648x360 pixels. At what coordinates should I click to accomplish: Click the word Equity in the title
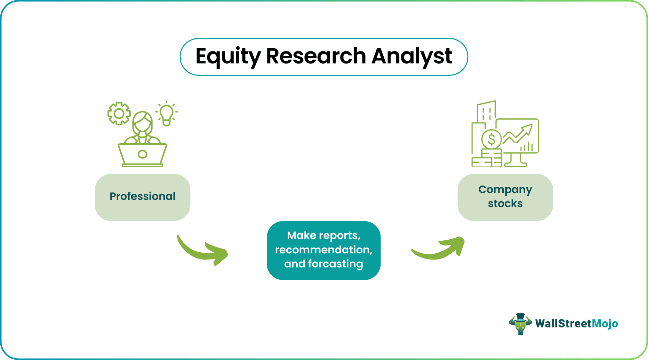point(228,57)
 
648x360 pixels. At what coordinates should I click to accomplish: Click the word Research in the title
point(316,56)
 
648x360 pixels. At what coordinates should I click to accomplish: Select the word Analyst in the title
point(412,57)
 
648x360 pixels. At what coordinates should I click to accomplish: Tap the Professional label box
point(143,197)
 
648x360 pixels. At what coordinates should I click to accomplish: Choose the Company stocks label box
point(505,197)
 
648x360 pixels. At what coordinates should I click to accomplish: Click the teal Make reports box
point(323,250)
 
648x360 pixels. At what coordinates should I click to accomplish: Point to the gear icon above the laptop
point(119,113)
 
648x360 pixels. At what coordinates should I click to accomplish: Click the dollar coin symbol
point(491,139)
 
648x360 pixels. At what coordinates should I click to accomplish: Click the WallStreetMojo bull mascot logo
point(520,324)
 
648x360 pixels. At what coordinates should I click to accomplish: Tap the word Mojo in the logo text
point(605,324)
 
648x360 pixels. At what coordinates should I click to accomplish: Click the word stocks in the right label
point(505,204)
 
